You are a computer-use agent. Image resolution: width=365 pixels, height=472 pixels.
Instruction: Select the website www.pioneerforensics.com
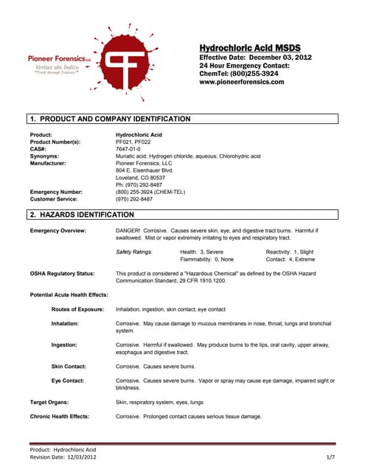pyautogui.click(x=242, y=82)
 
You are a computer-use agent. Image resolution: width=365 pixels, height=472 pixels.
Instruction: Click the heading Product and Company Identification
pyautogui.click(x=111, y=119)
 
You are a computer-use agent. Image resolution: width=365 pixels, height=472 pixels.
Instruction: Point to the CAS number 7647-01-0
pyautogui.click(x=131, y=149)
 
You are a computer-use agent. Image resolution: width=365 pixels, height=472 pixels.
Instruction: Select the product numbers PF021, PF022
pyautogui.click(x=136, y=142)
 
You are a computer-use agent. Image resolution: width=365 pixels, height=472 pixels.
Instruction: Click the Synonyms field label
pyautogui.click(x=45, y=156)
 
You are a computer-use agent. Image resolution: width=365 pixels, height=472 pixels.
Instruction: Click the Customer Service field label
pyautogui.click(x=55, y=199)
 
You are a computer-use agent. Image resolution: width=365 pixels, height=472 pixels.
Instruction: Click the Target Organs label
pyautogui.click(x=49, y=402)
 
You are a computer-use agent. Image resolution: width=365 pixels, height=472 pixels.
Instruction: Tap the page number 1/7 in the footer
pyautogui.click(x=331, y=458)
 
